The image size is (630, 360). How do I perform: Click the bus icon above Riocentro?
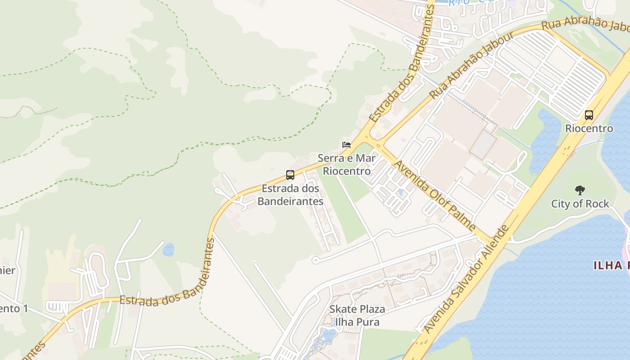click(589, 115)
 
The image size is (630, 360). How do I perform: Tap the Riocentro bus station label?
click(589, 129)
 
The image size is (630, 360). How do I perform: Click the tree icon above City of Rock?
click(580, 190)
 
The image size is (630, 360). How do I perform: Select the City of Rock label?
click(580, 204)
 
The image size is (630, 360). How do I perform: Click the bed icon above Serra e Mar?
click(346, 145)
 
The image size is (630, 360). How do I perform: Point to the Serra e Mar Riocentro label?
click(347, 164)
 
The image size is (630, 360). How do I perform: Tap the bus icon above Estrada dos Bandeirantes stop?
click(290, 175)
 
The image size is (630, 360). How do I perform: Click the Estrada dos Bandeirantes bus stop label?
click(290, 195)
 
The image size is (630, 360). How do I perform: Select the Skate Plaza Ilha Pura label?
click(357, 315)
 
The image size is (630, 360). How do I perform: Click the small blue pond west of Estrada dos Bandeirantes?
click(168, 249)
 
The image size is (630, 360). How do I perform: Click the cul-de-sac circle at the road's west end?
click(315, 260)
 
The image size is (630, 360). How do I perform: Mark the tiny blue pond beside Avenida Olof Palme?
click(400, 193)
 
